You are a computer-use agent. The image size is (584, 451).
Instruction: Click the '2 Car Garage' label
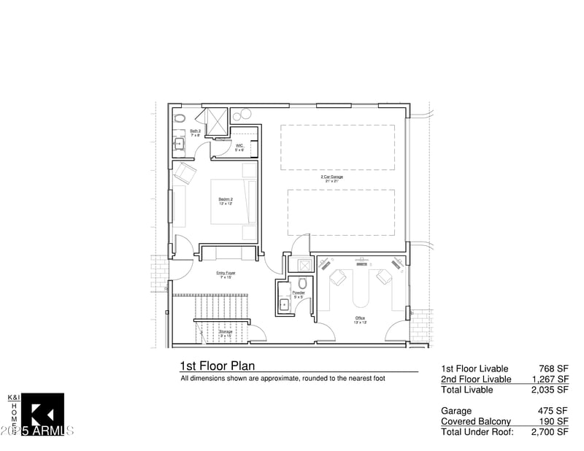coord(331,177)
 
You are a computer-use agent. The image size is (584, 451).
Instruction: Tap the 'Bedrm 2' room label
coord(226,199)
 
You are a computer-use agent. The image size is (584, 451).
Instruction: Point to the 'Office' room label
coord(360,318)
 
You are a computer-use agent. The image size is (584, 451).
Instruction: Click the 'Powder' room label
coord(298,293)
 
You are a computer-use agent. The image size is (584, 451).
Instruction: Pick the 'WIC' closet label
coord(239,146)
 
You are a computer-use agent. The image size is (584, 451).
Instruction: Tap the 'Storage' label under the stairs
coord(226,332)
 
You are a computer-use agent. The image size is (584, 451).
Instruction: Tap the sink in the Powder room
coord(284,305)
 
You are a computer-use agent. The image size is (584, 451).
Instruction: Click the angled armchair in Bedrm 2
coord(185,173)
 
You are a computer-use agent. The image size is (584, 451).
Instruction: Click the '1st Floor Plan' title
coord(217,366)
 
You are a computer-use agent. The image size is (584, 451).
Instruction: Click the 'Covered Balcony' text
coord(475,421)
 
